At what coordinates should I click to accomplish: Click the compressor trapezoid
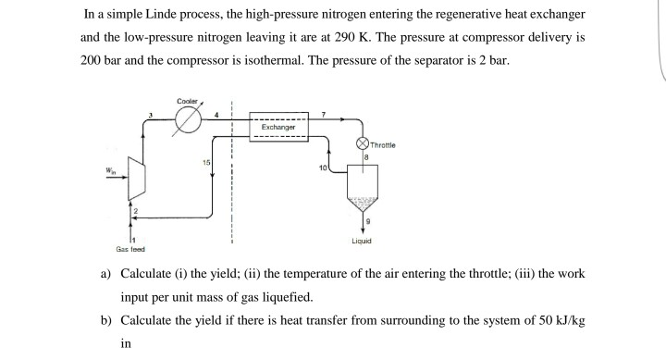(x=134, y=195)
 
